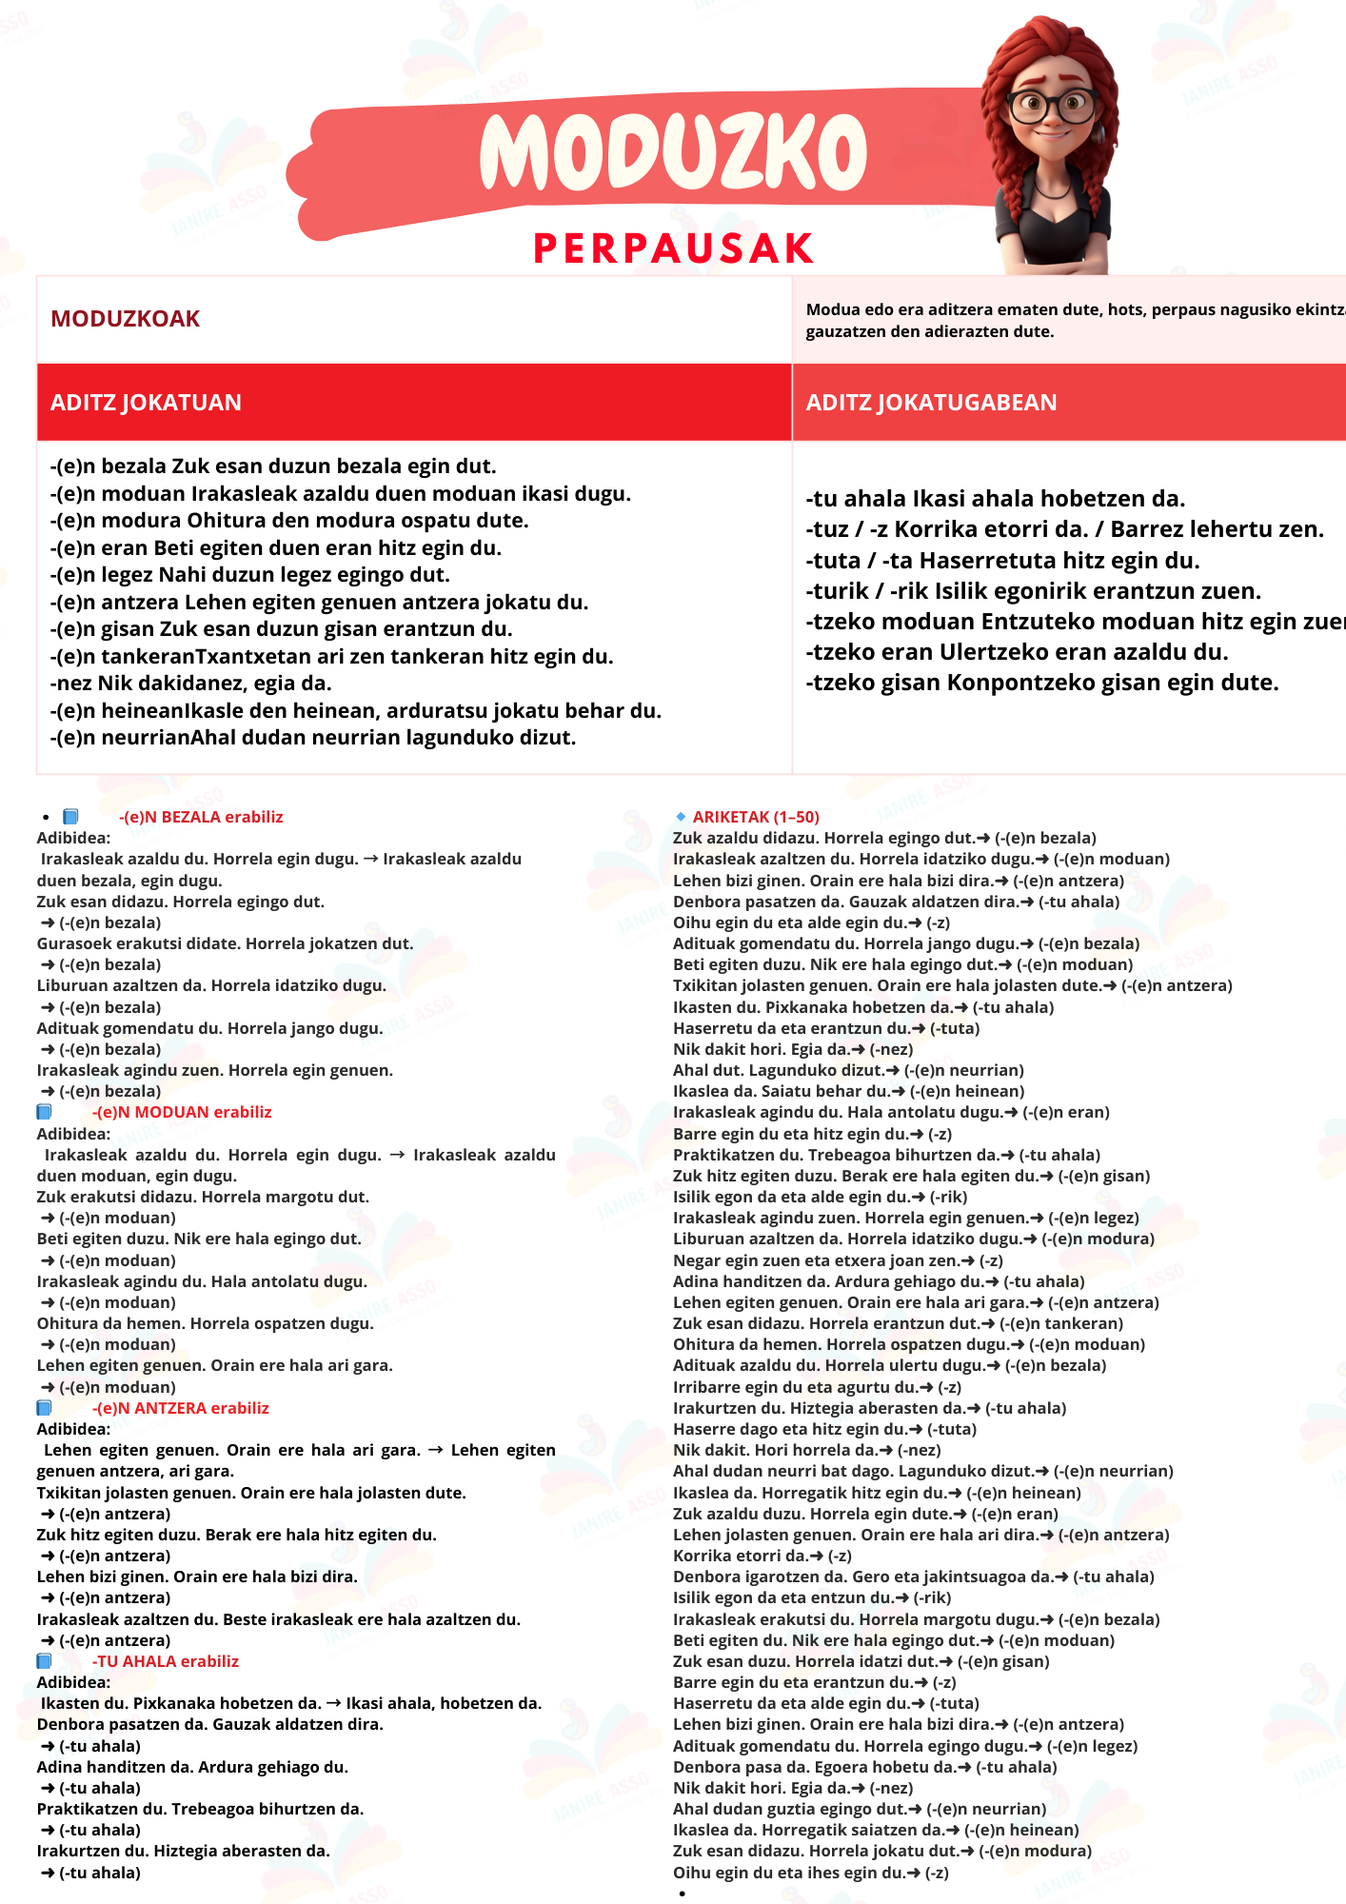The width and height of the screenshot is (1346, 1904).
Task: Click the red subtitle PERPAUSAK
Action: pyautogui.click(x=673, y=248)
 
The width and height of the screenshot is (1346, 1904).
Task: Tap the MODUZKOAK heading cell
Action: pyautogui.click(x=126, y=319)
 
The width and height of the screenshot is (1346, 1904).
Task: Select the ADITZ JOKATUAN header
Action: pyautogui.click(x=146, y=403)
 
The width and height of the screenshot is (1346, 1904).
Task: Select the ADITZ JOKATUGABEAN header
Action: pyautogui.click(x=931, y=403)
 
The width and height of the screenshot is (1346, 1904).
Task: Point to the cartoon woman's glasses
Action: pyautogui.click(x=1051, y=104)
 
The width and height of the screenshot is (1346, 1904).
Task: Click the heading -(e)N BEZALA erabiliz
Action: pyautogui.click(x=201, y=817)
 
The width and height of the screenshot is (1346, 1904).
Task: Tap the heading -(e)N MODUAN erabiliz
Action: pyautogui.click(x=182, y=1112)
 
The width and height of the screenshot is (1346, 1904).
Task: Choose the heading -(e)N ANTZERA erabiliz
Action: pyautogui.click(x=181, y=1408)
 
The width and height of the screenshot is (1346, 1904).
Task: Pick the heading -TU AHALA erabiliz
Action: pyautogui.click(x=166, y=1661)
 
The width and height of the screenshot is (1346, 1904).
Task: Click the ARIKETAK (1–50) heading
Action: pyautogui.click(x=756, y=817)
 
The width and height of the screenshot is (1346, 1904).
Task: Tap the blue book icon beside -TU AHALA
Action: pyautogui.click(x=44, y=1661)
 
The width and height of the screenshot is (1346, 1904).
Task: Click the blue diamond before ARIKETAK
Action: pyautogui.click(x=681, y=817)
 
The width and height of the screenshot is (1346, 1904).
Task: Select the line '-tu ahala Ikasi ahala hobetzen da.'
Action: pyautogui.click(x=995, y=499)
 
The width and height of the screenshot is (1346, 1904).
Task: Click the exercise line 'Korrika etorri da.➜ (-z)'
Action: pyautogui.click(x=762, y=1556)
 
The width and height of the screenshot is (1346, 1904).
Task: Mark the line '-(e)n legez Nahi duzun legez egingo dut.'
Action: pyautogui.click(x=249, y=575)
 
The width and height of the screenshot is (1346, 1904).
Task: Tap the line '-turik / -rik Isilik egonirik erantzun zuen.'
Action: pyautogui.click(x=1033, y=591)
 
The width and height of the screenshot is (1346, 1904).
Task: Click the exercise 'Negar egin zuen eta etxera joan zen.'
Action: pyautogui.click(x=838, y=1260)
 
